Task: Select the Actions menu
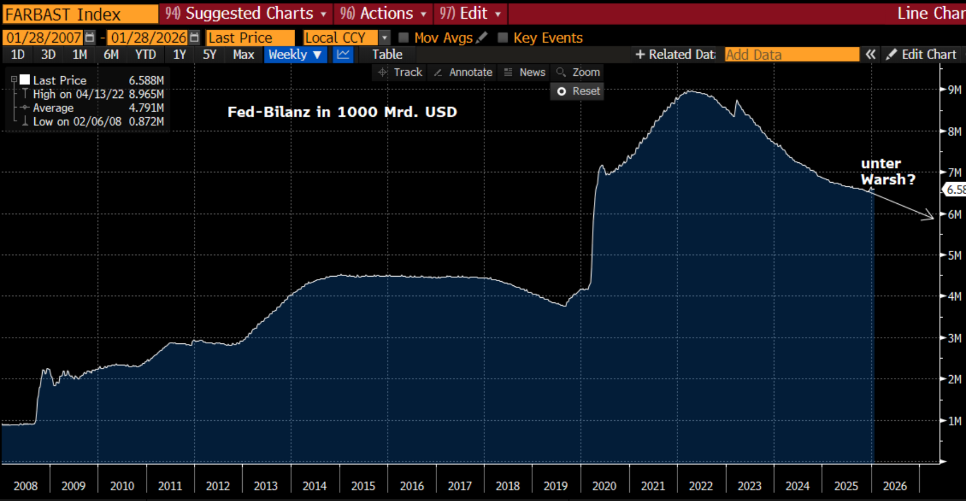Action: [383, 13]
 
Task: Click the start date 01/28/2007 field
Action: [44, 38]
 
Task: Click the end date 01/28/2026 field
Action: [148, 38]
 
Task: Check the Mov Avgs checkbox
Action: [403, 38]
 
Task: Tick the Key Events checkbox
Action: [503, 38]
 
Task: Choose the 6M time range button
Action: [111, 55]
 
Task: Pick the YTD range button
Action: [145, 55]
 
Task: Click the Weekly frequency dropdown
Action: [295, 55]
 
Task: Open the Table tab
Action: [387, 55]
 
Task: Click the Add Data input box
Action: [791, 55]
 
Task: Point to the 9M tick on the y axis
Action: [953, 89]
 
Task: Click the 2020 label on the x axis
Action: [604, 486]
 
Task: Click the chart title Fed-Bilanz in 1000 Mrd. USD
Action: [342, 112]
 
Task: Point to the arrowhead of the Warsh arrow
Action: [932, 217]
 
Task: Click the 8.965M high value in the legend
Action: [146, 94]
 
